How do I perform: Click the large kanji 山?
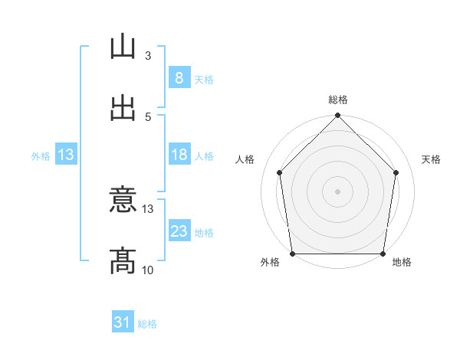(x=123, y=46)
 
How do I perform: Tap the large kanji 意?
(x=123, y=199)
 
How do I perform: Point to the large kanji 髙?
(x=123, y=261)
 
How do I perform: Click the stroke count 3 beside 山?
(x=148, y=56)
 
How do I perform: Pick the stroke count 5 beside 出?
(x=148, y=117)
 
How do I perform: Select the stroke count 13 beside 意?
(x=147, y=209)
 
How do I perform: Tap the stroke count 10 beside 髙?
(x=147, y=270)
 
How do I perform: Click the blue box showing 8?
(x=179, y=77)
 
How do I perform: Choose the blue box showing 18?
(x=179, y=154)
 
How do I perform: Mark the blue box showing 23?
(x=179, y=230)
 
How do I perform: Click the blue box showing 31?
(x=123, y=321)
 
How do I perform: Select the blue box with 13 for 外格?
(x=66, y=154)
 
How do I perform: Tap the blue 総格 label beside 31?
(x=147, y=324)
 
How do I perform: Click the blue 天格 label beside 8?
(x=204, y=80)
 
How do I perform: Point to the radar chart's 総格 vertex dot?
(x=337, y=115)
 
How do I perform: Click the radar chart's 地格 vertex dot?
(x=383, y=254)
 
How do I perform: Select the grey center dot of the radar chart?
(x=337, y=191)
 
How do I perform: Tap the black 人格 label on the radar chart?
(x=245, y=159)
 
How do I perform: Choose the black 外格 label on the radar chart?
(x=270, y=262)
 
